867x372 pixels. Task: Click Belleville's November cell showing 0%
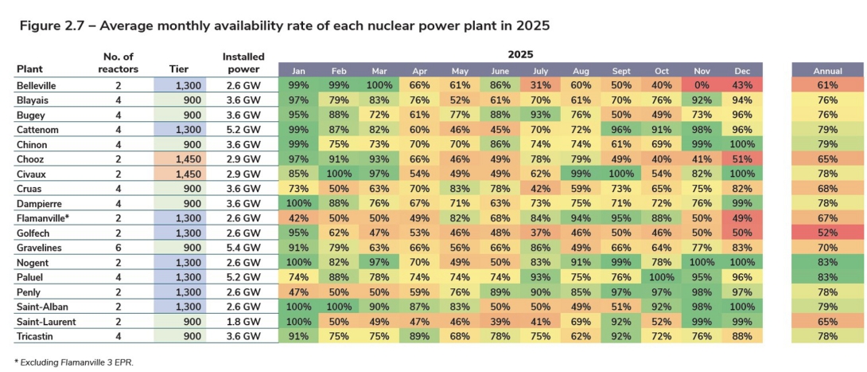[702, 85]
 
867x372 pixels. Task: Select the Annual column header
[827, 71]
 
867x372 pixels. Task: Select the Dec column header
[742, 71]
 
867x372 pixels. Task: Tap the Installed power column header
[243, 63]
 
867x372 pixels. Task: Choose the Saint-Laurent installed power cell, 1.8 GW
[243, 322]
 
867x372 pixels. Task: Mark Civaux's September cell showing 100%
[620, 174]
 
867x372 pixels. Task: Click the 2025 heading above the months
[521, 55]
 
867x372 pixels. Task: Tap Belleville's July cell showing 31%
[540, 85]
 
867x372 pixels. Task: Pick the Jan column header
[298, 71]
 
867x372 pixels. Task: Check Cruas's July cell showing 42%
[540, 190]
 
